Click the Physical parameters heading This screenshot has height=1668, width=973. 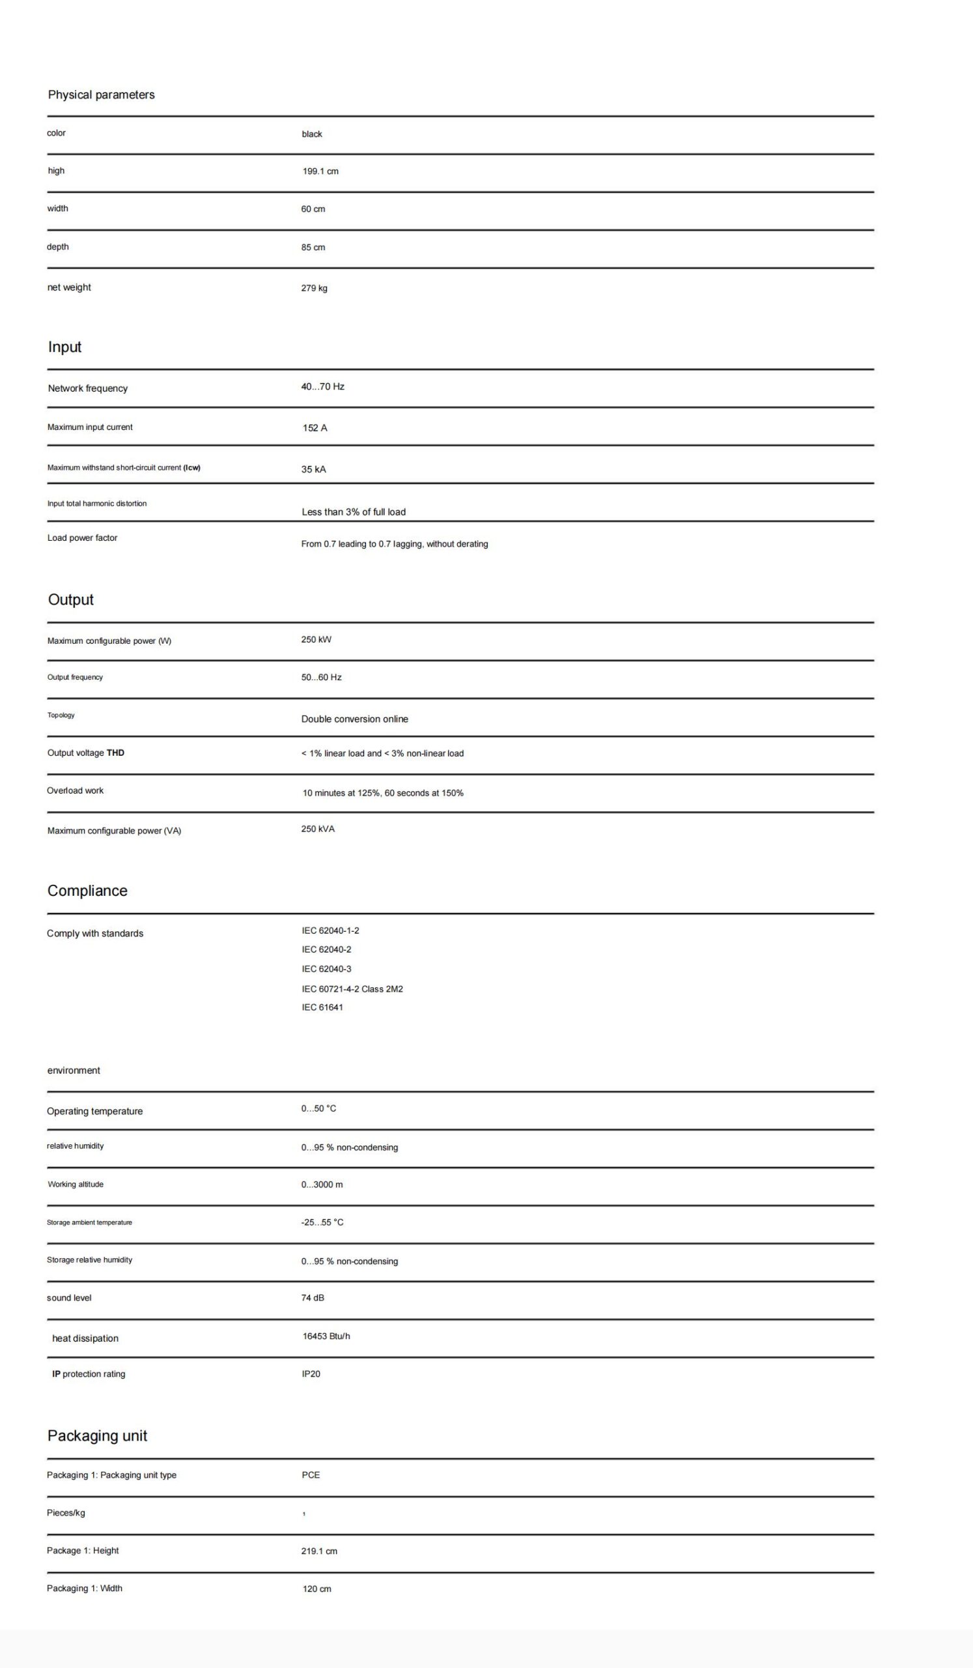101,94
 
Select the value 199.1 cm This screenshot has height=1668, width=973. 320,171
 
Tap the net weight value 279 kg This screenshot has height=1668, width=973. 314,288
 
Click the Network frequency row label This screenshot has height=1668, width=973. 87,388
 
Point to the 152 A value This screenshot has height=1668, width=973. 315,428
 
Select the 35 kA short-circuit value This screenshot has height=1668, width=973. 313,469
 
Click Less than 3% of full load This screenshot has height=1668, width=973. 353,511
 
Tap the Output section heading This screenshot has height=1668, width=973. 71,599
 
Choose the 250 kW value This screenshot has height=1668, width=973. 316,639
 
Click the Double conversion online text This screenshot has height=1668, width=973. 354,719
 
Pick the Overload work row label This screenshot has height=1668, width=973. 75,790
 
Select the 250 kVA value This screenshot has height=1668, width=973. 318,829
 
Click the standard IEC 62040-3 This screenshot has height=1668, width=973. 326,969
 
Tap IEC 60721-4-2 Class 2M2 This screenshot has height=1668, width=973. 352,989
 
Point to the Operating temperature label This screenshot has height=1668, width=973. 94,1112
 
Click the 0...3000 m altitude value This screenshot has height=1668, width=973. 322,1184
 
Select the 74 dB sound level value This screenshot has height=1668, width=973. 312,1297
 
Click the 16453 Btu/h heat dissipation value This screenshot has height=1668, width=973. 326,1336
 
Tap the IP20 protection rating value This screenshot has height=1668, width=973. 311,1373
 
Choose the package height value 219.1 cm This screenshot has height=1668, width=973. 319,1551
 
